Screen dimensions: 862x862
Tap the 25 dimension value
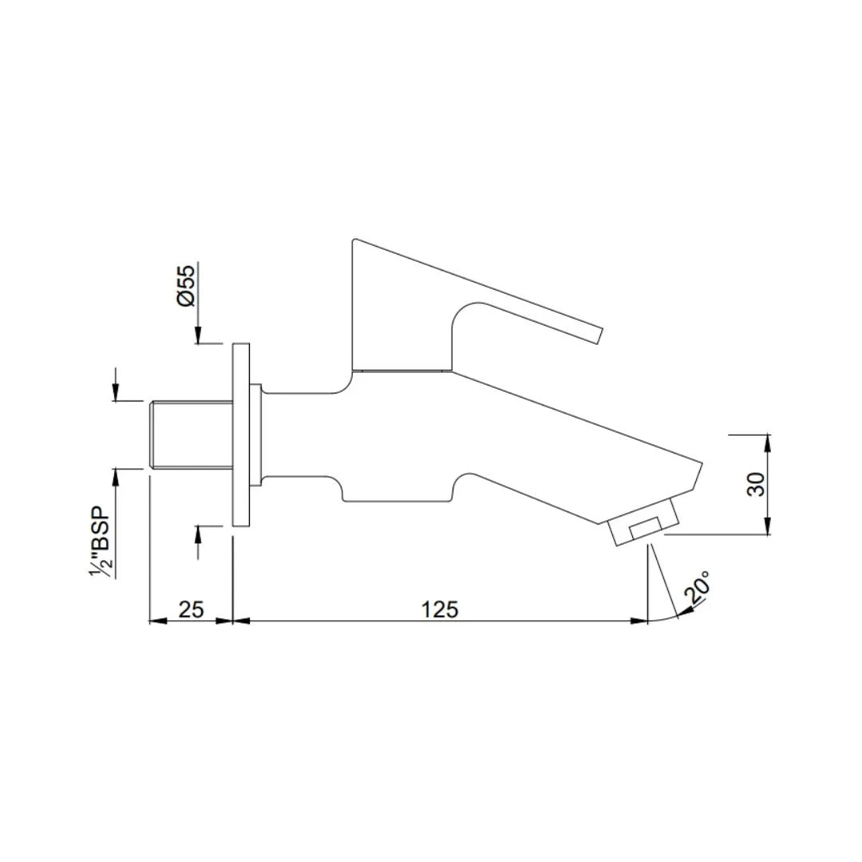coord(191,609)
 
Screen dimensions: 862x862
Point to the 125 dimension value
coord(440,609)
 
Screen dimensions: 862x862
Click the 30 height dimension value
coord(756,484)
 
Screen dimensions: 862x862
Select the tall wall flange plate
coord(240,435)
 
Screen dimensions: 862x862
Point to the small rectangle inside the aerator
coord(646,528)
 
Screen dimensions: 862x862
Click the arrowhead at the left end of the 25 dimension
coord(156,620)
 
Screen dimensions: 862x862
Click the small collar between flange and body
coord(255,435)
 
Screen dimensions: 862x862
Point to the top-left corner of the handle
coord(354,240)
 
